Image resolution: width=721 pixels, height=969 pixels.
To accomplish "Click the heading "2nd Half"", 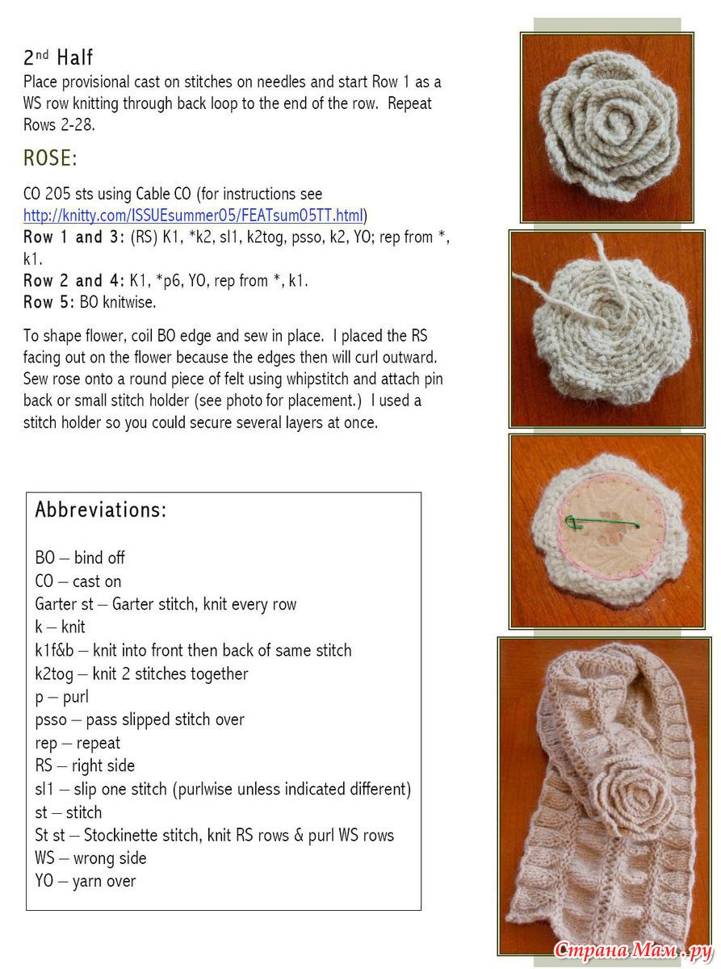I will point(58,57).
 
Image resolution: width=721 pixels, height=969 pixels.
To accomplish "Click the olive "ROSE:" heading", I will point(50,158).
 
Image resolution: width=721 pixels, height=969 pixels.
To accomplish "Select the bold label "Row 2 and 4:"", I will point(74,281).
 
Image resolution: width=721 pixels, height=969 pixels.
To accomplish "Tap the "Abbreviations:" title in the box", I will point(101,510).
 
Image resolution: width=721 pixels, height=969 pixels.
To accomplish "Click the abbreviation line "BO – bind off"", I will point(80,558).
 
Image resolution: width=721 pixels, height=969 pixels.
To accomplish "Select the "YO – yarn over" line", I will point(86,881).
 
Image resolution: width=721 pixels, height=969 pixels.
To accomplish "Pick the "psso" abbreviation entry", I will point(52,719).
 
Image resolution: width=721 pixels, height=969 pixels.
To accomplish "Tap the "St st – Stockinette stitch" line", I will point(214,835).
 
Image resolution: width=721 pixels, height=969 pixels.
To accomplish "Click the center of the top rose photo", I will point(607,127).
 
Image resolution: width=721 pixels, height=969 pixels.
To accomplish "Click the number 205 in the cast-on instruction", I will point(59,194).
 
